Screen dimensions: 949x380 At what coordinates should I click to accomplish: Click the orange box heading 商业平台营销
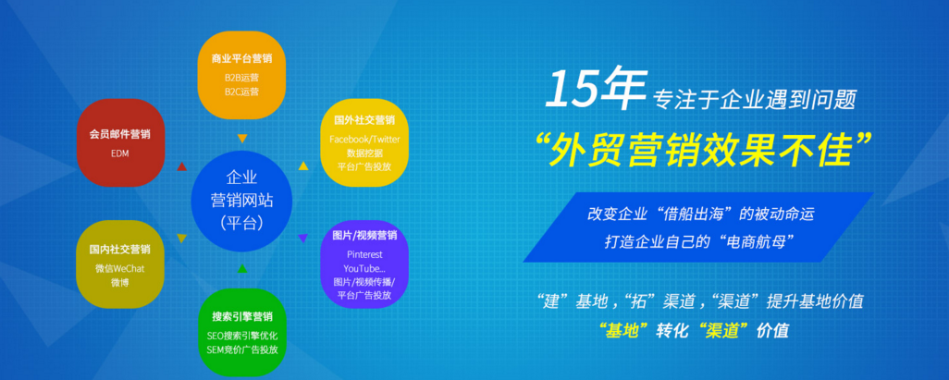tap(241, 58)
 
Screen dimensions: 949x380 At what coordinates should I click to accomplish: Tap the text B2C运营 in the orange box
tap(241, 92)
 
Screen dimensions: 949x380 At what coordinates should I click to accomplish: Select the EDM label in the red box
tap(120, 153)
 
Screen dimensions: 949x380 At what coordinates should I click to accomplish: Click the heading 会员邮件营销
tap(120, 134)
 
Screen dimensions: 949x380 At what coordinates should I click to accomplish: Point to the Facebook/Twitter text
tap(364, 140)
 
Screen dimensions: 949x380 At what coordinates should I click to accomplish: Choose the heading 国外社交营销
tap(364, 120)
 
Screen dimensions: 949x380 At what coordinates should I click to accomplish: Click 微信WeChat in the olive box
tap(120, 269)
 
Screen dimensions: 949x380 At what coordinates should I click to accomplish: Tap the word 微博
tap(120, 283)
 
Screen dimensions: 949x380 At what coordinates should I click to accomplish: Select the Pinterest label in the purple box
tap(364, 255)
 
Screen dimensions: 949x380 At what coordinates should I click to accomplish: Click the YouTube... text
tap(364, 268)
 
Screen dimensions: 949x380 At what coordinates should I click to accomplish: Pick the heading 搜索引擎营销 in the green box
tap(241, 316)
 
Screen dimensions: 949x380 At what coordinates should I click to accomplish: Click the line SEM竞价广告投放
tap(241, 349)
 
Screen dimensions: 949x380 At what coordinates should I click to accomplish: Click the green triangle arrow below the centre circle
tap(242, 268)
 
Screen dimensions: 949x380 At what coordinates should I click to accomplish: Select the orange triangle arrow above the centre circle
tap(242, 139)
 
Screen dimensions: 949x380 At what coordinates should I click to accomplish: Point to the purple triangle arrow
tap(302, 239)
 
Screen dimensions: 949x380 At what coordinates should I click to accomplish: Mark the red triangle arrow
tap(181, 166)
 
